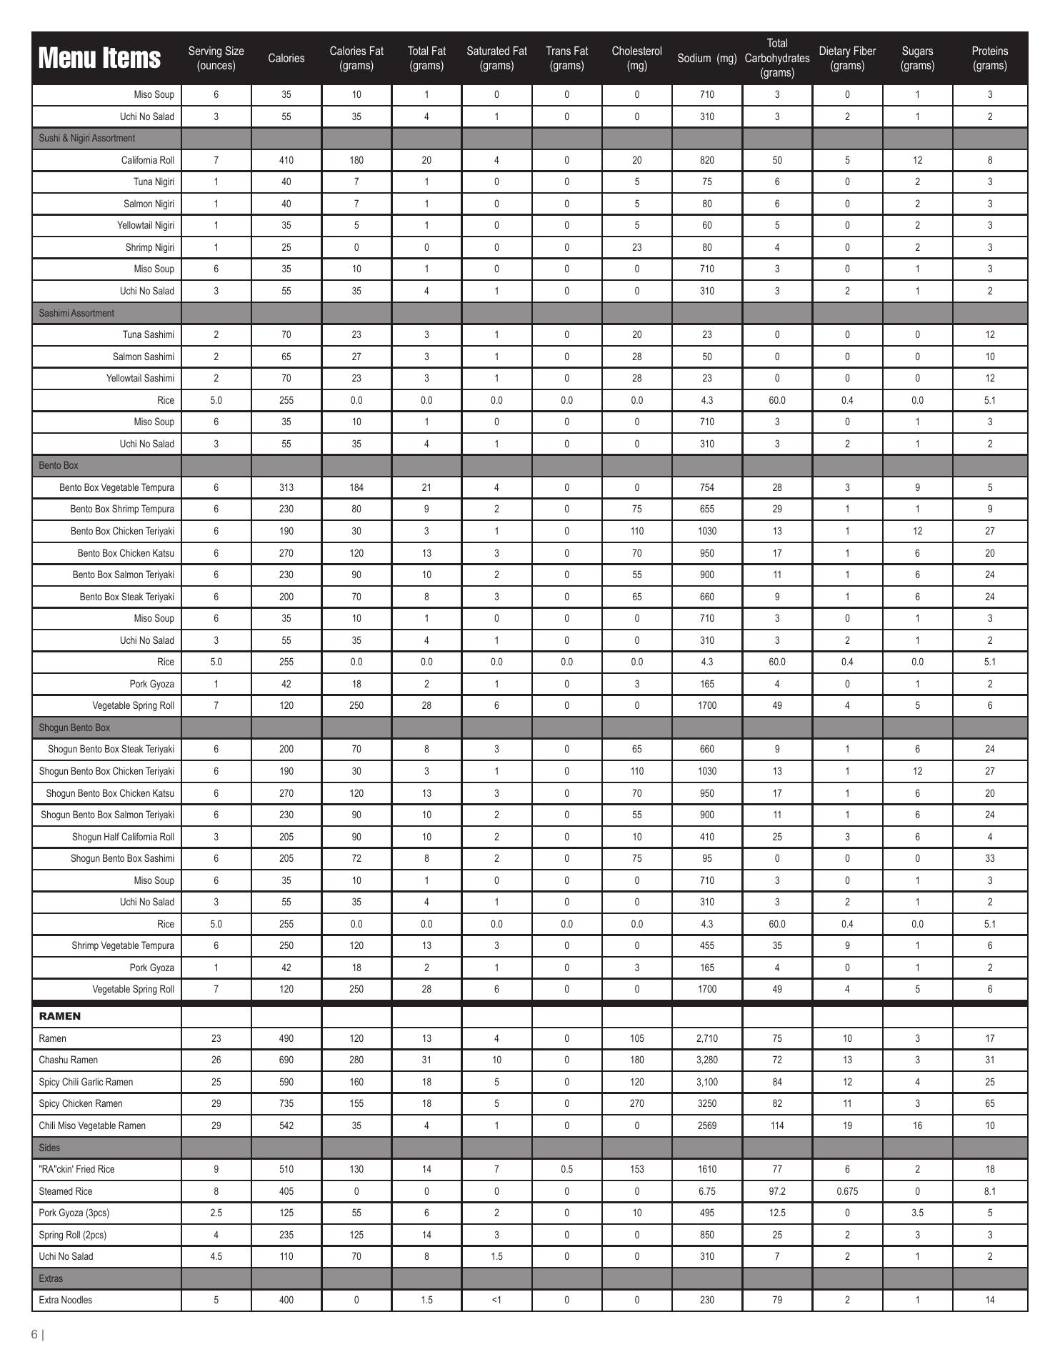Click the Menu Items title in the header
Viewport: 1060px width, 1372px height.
coord(99,58)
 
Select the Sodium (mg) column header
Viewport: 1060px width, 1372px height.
coord(706,59)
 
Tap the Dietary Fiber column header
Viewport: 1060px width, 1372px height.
coord(847,59)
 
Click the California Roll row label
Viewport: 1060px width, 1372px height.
coord(147,160)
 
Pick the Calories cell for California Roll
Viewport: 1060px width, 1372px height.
coord(286,160)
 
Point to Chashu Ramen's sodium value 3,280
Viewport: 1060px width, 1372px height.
coord(706,1060)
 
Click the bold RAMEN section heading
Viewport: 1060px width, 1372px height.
coord(60,1016)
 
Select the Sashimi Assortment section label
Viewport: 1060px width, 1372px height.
coord(76,313)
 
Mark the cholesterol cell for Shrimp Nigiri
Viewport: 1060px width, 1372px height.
coord(636,247)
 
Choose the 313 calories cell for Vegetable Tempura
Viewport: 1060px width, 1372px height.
coord(286,487)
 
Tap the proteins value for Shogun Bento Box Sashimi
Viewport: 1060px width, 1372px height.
coord(989,858)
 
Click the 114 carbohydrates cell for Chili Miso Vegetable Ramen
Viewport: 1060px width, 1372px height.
coord(776,1125)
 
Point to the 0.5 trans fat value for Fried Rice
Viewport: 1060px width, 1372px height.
coord(566,1169)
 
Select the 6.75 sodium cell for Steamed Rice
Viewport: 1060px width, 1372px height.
coord(706,1191)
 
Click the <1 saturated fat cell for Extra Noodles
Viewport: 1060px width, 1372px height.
coord(496,1300)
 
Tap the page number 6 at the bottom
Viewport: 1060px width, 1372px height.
coord(34,1334)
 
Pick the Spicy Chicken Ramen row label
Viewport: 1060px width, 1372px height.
coord(81,1103)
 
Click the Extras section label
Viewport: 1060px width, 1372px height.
coord(51,1278)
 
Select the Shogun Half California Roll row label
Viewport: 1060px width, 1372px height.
coord(123,837)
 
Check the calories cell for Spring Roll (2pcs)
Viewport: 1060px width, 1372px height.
coord(286,1235)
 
